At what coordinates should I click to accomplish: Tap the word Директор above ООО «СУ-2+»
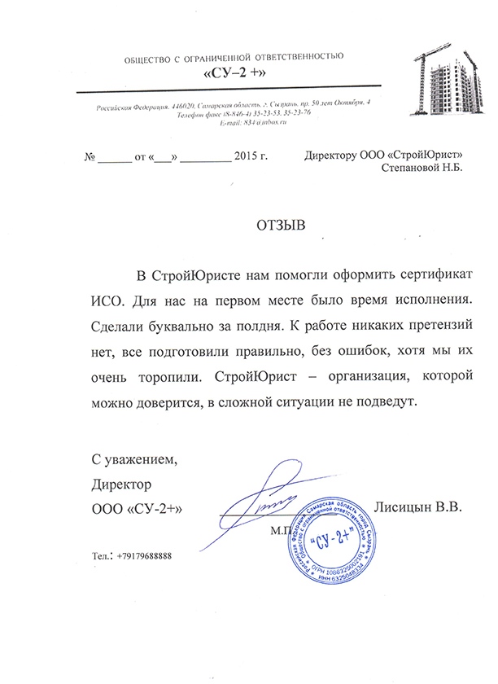coord(123,484)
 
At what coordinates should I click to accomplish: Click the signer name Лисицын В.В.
coord(416,506)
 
